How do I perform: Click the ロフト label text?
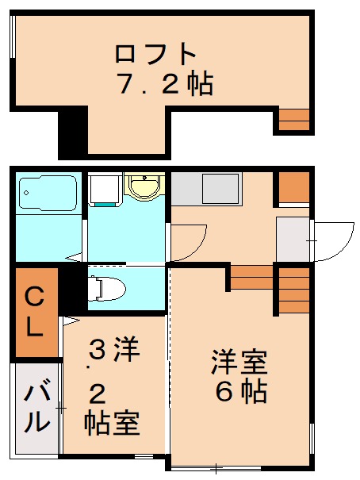pyautogui.click(x=155, y=54)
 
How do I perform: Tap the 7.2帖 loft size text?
pyautogui.click(x=165, y=83)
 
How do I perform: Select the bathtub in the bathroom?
pyautogui.click(x=48, y=193)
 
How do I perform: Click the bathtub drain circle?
pyautogui.click(x=26, y=193)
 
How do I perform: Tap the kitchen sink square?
pyautogui.click(x=220, y=189)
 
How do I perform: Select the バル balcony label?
pyautogui.click(x=36, y=405)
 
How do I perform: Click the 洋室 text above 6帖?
pyautogui.click(x=239, y=363)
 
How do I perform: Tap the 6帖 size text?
pyautogui.click(x=241, y=392)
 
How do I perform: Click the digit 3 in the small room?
pyautogui.click(x=98, y=349)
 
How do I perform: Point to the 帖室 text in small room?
pyautogui.click(x=112, y=424)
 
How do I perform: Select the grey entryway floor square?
pyautogui.click(x=293, y=240)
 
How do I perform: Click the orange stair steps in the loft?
pyautogui.click(x=294, y=120)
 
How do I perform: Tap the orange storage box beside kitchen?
pyautogui.click(x=294, y=187)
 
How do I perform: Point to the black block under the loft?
pyautogui.click(x=73, y=132)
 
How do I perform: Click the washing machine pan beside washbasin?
pyautogui.click(x=105, y=189)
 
